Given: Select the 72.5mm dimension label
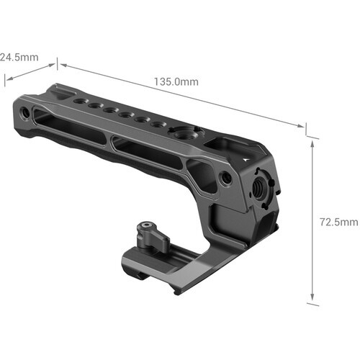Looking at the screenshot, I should pos(341,222).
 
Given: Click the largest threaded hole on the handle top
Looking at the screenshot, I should pos(177,133).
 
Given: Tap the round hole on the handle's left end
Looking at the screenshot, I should pos(25,113).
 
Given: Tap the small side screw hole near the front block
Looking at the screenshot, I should pos(226,176).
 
